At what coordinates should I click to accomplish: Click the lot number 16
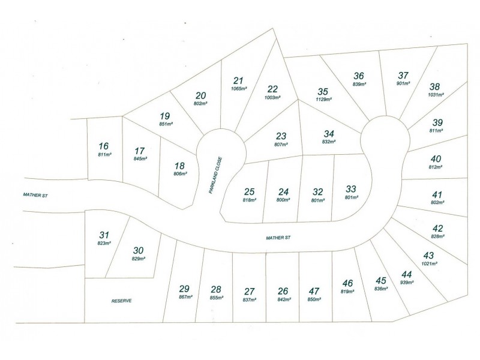click(x=104, y=146)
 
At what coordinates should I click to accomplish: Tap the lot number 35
click(x=323, y=91)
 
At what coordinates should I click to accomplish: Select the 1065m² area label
click(x=239, y=89)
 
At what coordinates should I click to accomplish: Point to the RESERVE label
click(x=121, y=301)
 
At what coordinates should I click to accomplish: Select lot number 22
click(x=272, y=89)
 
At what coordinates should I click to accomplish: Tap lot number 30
click(x=138, y=250)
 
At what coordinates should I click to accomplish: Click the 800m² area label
click(x=284, y=200)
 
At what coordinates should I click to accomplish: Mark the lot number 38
click(x=435, y=86)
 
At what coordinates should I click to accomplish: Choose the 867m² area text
click(x=185, y=297)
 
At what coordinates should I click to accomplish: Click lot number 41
click(x=437, y=194)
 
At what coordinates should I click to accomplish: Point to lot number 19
click(x=165, y=116)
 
